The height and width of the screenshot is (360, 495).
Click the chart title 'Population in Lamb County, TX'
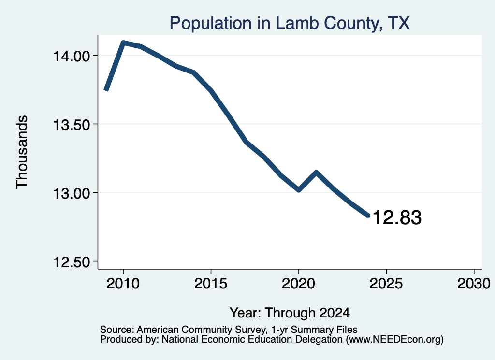[290, 23]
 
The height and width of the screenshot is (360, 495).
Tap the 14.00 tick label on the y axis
[72, 57]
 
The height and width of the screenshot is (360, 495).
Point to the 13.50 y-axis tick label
[72, 125]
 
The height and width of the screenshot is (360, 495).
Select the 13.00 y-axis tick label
[72, 193]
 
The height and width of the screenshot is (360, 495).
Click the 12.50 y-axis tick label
[72, 262]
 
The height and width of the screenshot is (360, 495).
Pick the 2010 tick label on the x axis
[123, 284]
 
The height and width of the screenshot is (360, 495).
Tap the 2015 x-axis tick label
[211, 284]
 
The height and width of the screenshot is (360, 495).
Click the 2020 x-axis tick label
[298, 284]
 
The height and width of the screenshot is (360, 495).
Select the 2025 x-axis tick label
[386, 284]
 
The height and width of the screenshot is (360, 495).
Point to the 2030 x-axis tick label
[474, 284]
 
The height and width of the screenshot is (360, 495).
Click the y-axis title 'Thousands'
[22, 152]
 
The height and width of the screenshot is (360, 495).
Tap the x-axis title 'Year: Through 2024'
[290, 313]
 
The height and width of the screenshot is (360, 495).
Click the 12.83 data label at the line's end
[397, 218]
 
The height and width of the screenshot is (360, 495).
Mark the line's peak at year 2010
[123, 43]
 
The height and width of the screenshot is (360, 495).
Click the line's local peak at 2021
[316, 172]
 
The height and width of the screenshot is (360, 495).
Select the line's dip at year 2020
[299, 190]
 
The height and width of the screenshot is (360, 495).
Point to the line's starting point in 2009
[106, 90]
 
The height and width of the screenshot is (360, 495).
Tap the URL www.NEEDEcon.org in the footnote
[395, 340]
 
